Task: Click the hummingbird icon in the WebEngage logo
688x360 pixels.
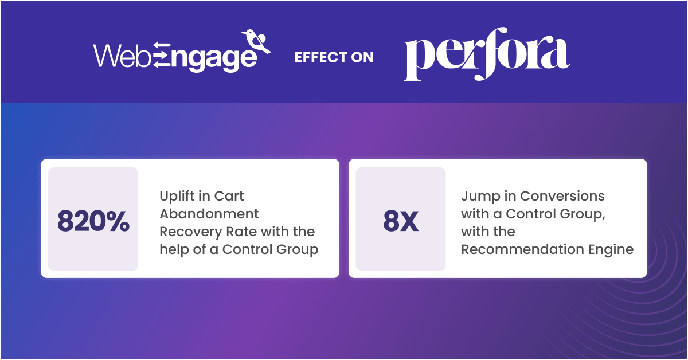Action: click(256, 41)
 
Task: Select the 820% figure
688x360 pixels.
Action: click(93, 222)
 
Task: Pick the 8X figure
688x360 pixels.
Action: click(401, 222)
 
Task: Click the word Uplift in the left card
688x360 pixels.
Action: click(176, 197)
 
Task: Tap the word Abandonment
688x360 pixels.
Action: click(209, 214)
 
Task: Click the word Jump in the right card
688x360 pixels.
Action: click(476, 197)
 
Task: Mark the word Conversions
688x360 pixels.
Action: click(562, 197)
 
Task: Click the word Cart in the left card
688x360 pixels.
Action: click(229, 197)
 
